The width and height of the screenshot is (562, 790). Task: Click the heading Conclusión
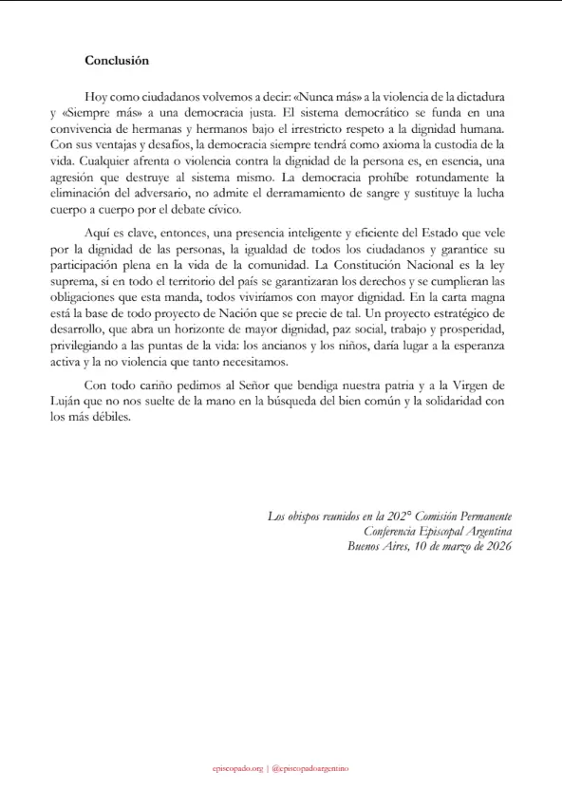117,59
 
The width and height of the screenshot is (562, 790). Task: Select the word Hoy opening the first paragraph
97,98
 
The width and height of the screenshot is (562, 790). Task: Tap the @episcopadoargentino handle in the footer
309,765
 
